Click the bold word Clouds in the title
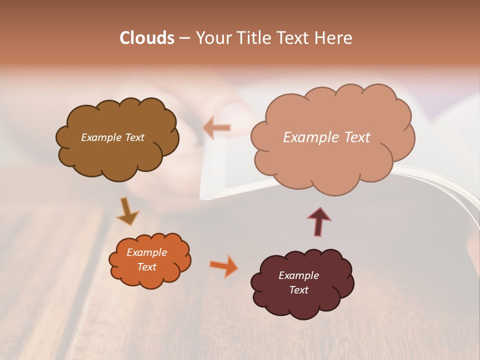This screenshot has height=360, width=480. pos(146,38)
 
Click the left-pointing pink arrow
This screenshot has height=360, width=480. pos(216,128)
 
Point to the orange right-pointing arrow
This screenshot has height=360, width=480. pos(224,266)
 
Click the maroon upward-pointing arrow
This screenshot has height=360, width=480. pos(319,221)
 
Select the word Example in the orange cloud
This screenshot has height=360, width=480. pos(147,252)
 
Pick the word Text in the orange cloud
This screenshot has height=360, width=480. pos(147,267)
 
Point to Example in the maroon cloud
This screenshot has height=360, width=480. pos(298,275)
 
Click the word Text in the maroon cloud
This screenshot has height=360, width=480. pos(298,290)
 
